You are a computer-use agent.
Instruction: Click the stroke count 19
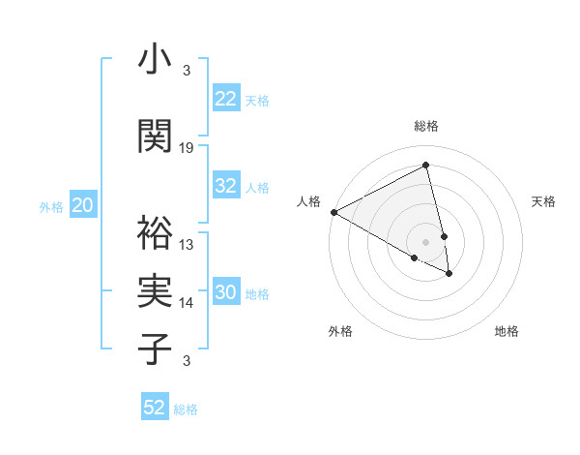(x=188, y=147)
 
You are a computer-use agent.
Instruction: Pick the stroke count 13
(x=188, y=244)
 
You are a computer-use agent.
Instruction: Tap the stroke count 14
(x=188, y=303)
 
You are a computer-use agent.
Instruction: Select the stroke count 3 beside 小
(x=187, y=71)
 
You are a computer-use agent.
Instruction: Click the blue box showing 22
(x=226, y=99)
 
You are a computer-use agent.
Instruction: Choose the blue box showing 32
(x=226, y=186)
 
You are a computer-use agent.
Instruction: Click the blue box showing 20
(x=83, y=205)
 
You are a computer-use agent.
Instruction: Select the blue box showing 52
(x=155, y=408)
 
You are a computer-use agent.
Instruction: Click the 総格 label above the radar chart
(x=426, y=127)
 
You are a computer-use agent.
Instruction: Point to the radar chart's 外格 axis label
(x=341, y=331)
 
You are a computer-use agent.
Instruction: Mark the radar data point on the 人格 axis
(x=333, y=212)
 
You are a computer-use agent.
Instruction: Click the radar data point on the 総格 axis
(x=426, y=166)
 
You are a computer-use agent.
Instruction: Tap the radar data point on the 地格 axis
(x=449, y=274)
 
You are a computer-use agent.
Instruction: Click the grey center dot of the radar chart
(x=426, y=241)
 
